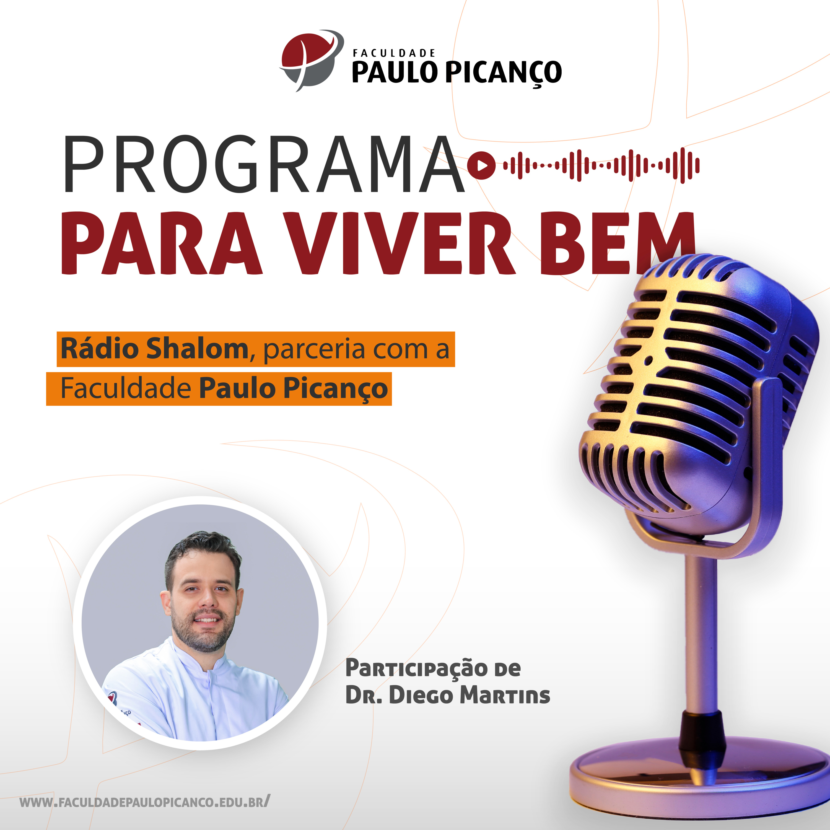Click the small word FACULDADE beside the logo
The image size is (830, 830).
click(x=394, y=53)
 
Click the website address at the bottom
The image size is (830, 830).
click(x=145, y=802)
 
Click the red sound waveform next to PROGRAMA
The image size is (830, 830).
click(x=601, y=165)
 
